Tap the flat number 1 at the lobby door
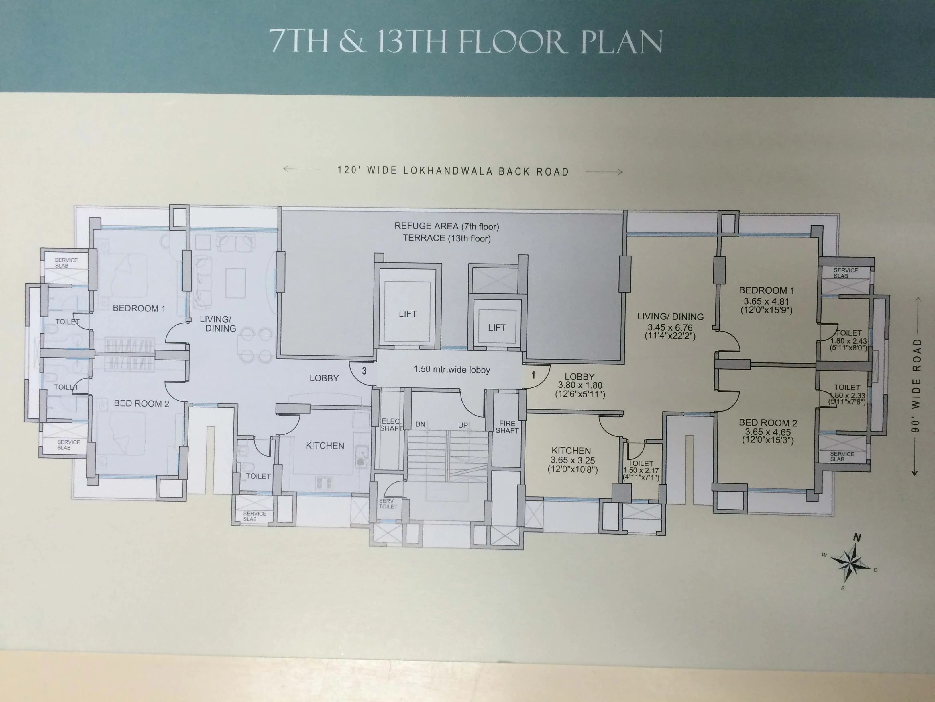(533, 375)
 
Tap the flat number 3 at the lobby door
(364, 371)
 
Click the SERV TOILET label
(388, 504)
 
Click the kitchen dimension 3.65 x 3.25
(572, 460)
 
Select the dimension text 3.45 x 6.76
(670, 327)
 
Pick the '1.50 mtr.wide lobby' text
(451, 369)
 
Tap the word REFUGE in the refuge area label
(411, 226)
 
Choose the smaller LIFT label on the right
(497, 327)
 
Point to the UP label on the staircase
(463, 425)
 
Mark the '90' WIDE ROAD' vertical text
(916, 385)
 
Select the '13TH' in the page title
(412, 42)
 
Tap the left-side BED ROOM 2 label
(141, 404)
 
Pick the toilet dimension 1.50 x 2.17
(641, 470)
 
